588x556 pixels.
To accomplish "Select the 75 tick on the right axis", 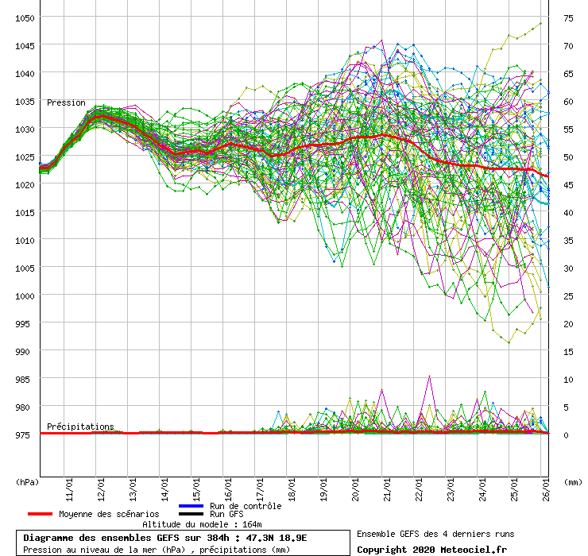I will click(568, 17).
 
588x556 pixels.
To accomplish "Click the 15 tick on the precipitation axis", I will click(568, 351).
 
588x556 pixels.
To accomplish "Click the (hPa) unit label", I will click(27, 482).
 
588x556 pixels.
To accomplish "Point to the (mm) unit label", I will click(571, 482).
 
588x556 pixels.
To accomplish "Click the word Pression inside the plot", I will click(66, 102).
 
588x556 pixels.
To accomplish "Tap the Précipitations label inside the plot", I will click(80, 427).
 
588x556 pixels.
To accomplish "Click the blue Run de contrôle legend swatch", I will click(191, 506).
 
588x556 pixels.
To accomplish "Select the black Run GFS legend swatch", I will click(191, 515).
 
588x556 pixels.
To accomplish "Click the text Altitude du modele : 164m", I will click(202, 524).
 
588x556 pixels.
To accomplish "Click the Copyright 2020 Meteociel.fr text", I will click(431, 549).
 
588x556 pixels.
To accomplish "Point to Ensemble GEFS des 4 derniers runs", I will click(431, 534).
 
